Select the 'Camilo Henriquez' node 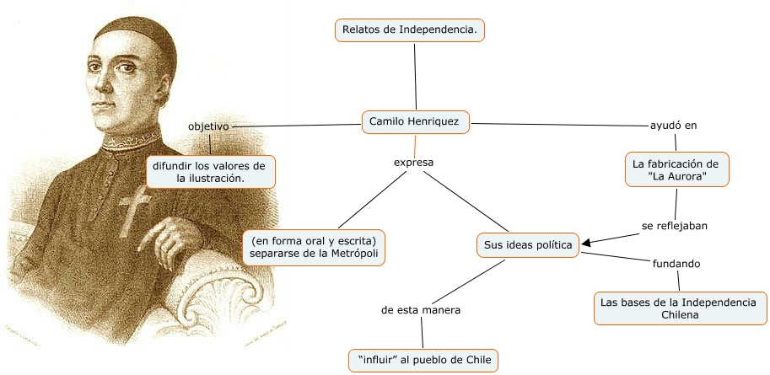[x=414, y=122]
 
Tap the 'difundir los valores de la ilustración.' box [x=210, y=171]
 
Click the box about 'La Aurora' [x=676, y=169]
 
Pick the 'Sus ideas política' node [x=528, y=245]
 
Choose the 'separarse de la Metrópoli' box [x=313, y=247]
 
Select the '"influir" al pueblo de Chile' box [x=423, y=360]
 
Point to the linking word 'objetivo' [x=208, y=126]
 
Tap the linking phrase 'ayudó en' [x=673, y=126]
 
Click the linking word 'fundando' [x=676, y=264]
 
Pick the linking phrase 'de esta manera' [x=421, y=310]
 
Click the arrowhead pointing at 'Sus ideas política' [x=585, y=244]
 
